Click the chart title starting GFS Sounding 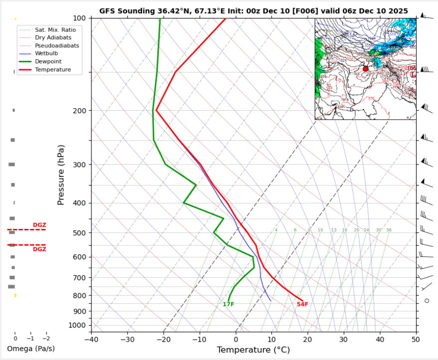click(253, 11)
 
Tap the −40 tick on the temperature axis click(91, 339)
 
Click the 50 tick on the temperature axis click(416, 339)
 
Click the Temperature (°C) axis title click(253, 350)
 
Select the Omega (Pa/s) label click(30, 349)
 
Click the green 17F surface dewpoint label click(228, 304)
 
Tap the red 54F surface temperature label click(302, 304)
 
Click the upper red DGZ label click(39, 225)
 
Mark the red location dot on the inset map click(366, 69)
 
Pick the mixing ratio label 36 click(389, 230)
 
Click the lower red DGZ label click(39, 249)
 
